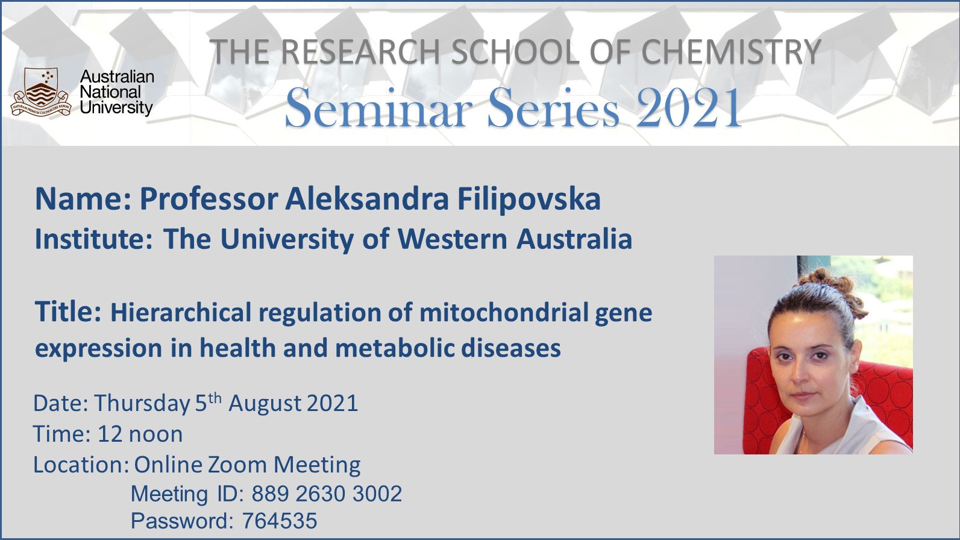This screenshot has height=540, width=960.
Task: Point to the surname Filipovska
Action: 529,199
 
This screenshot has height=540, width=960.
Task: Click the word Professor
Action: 209,199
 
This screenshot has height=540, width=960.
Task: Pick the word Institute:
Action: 94,239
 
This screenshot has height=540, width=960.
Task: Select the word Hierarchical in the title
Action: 181,312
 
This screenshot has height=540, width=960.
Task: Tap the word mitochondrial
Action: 504,312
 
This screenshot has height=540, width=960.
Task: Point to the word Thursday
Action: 142,404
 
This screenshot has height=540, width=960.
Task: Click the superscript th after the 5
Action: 215,398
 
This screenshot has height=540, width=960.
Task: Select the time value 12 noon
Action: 140,434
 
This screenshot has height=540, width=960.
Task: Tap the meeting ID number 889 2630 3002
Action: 327,494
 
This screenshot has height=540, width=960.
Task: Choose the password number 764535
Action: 280,521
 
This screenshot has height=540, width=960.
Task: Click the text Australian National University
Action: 116,92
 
